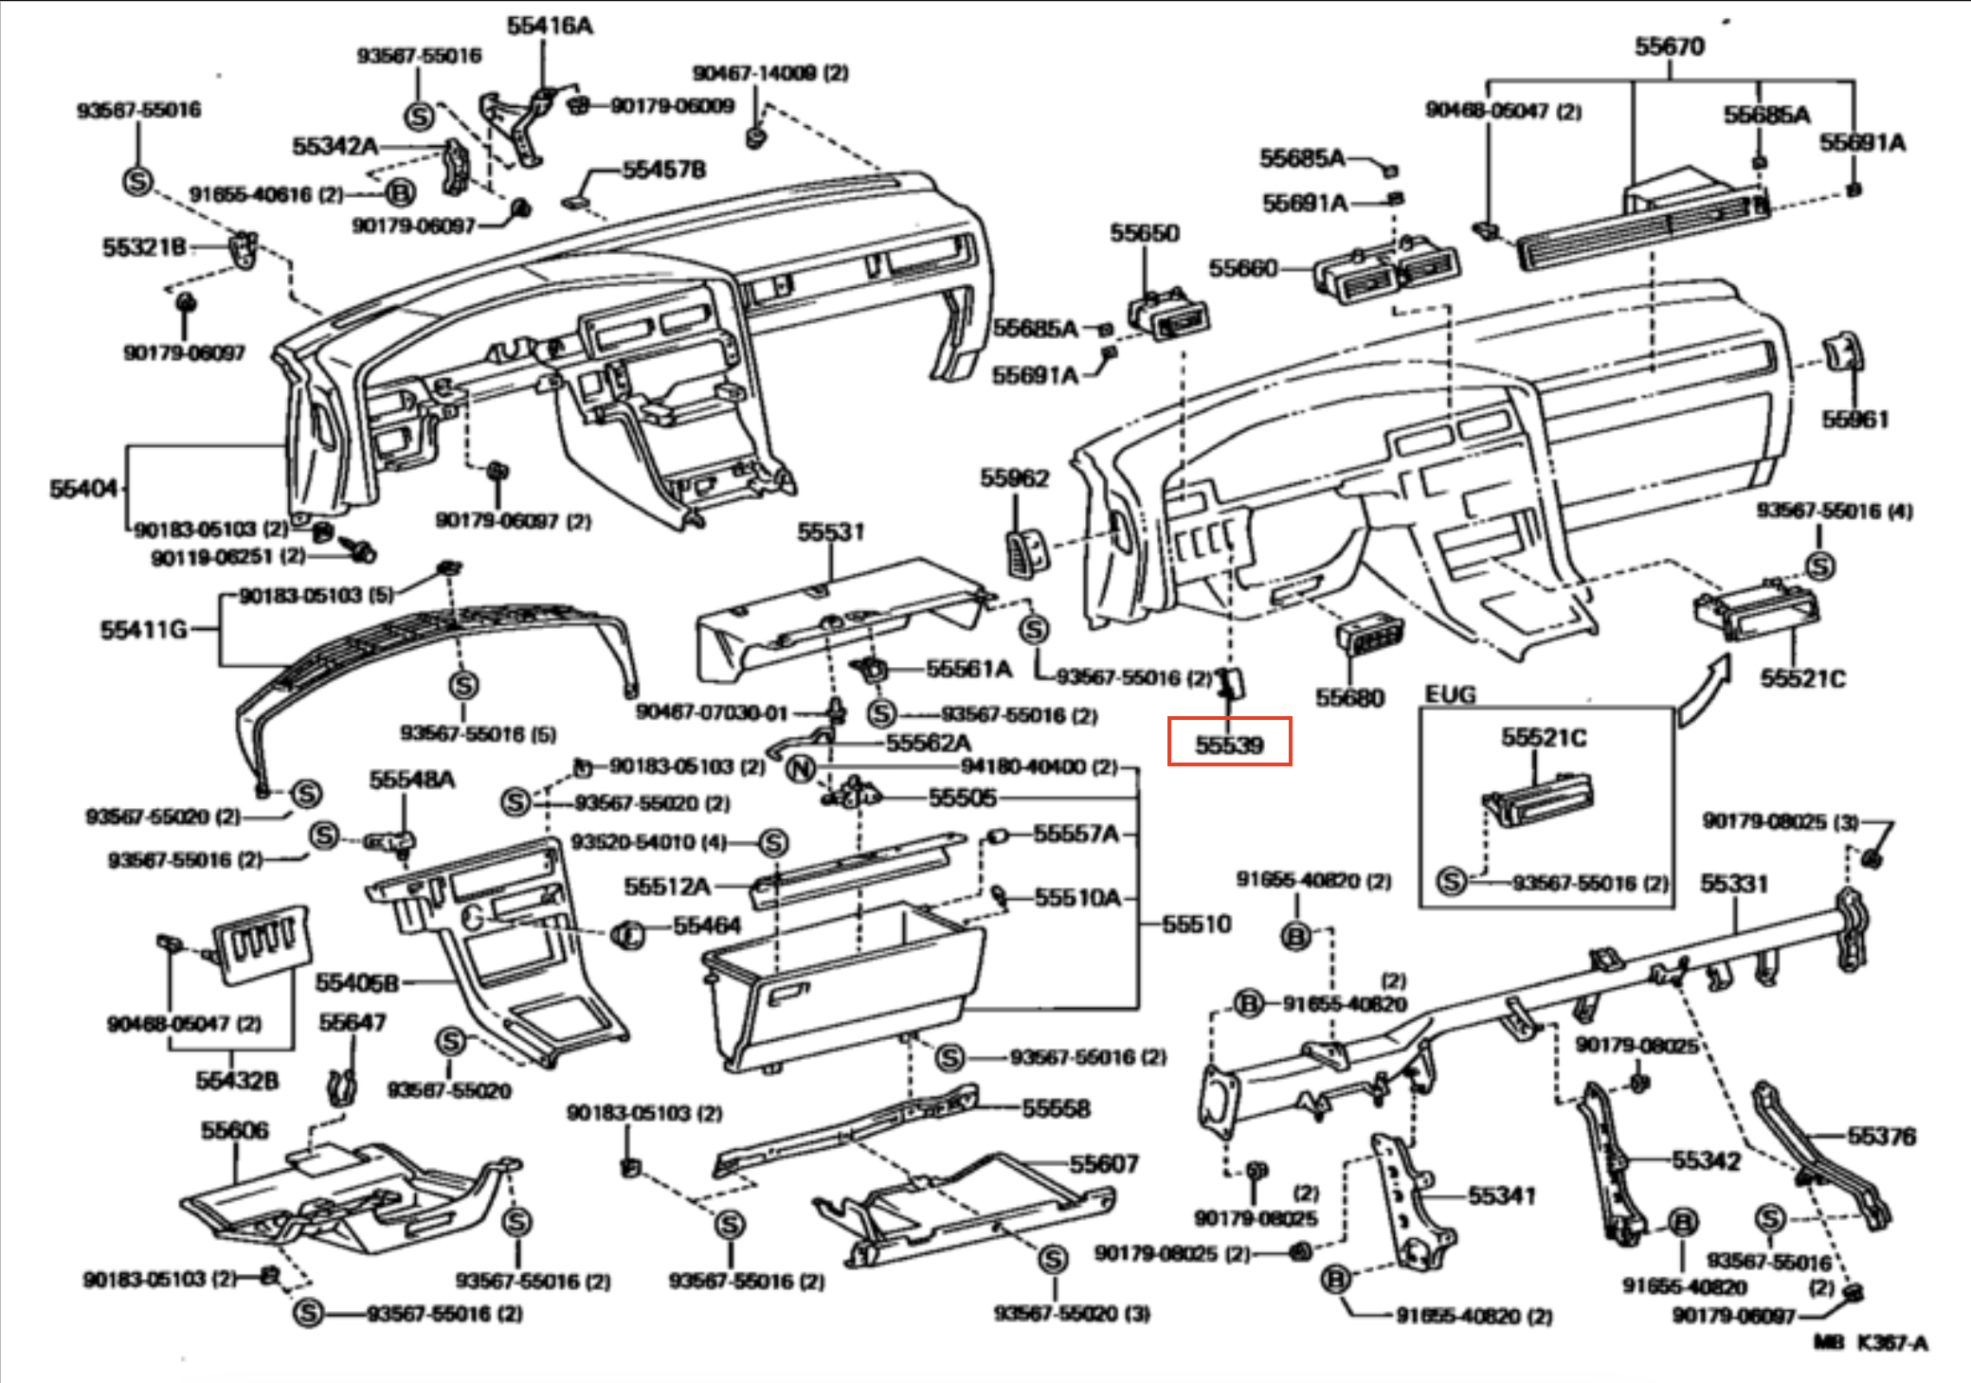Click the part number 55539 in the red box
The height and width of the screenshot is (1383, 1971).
coord(1229,745)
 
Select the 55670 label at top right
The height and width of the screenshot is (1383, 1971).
coord(1669,45)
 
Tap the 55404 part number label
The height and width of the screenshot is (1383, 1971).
coord(83,489)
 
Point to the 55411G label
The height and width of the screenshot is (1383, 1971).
coord(143,630)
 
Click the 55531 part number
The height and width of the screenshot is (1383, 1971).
coord(830,532)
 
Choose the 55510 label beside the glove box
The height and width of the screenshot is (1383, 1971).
coord(1196,924)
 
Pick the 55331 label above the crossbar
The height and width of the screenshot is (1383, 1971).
coord(1733,884)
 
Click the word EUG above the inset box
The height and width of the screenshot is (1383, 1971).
coord(1450,694)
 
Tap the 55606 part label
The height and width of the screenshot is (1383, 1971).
coord(234,1130)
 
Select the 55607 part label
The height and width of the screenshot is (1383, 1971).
coord(1104,1164)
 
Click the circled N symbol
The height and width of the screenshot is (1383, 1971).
coord(801,767)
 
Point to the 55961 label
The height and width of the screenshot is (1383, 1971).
coord(1854,419)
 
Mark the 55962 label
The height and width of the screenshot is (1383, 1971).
coord(1014,478)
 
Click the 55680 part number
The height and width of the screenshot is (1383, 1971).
coord(1349,697)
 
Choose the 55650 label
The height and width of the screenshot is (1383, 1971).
coord(1145,233)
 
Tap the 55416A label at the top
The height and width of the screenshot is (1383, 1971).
coord(550,26)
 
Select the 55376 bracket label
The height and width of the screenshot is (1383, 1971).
coord(1881,1136)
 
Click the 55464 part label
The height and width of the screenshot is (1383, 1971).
coord(707,925)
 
